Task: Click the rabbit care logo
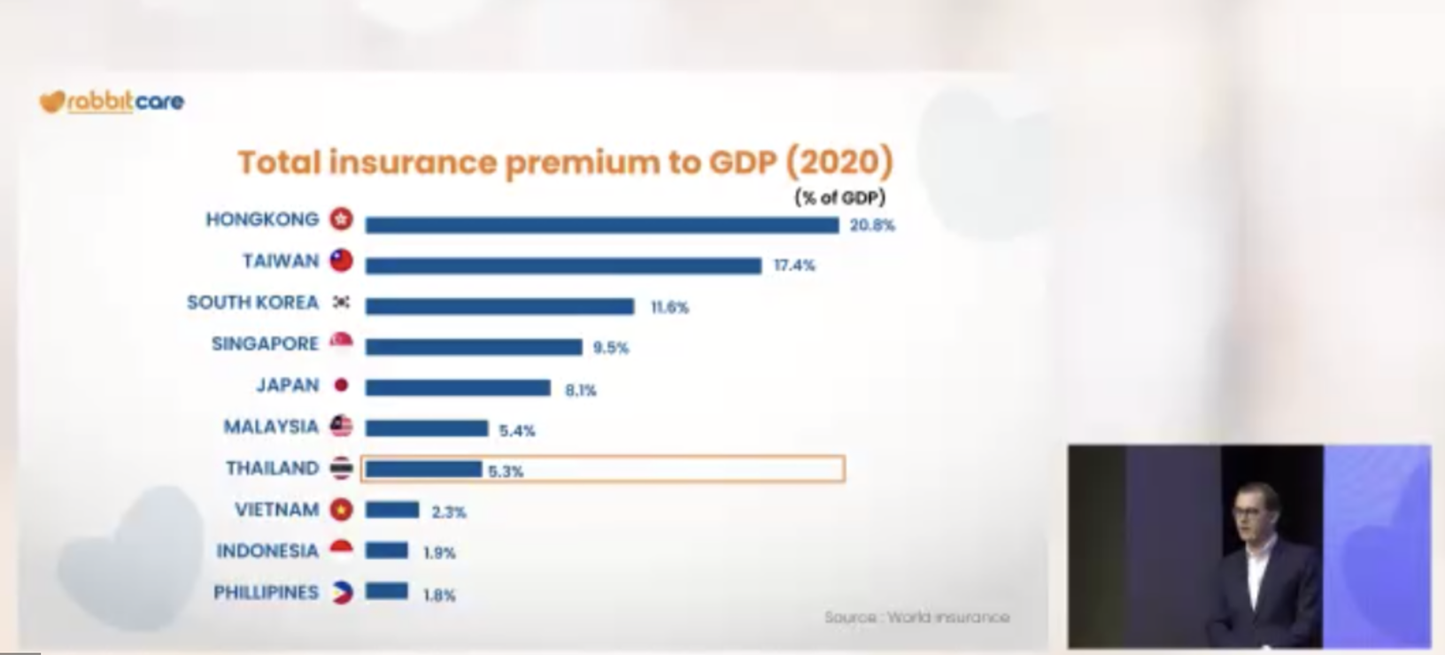112,102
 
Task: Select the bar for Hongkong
602,225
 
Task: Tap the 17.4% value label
794,266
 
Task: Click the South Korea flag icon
341,302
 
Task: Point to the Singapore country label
265,343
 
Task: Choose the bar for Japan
458,388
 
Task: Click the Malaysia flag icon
341,426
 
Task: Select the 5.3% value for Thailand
506,471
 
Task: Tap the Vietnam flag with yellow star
341,509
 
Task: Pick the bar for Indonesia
386,551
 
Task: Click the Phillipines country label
266,592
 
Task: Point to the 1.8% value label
439,595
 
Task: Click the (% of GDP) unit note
840,197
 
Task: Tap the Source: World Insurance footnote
916,617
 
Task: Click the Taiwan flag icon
341,260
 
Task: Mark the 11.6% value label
669,307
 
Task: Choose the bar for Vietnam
392,510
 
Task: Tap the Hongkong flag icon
341,220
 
